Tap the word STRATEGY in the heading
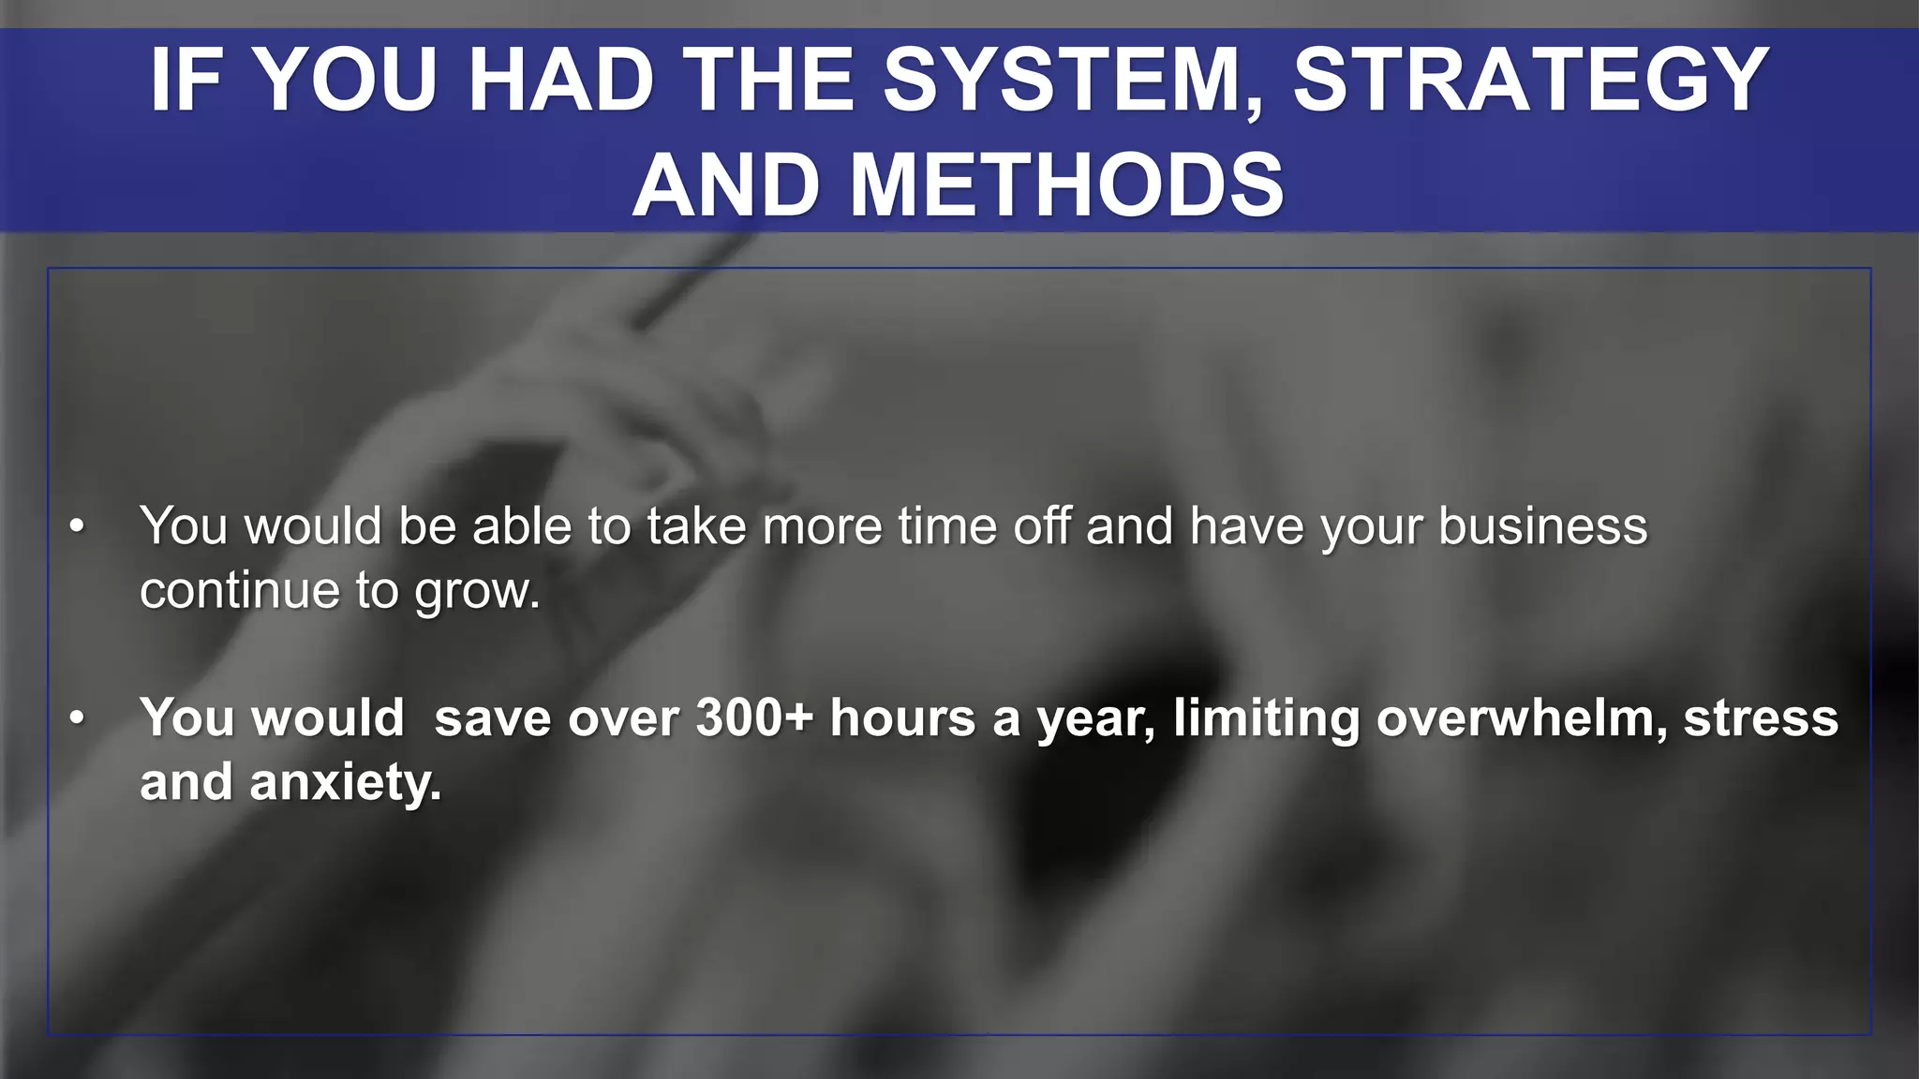tap(1531, 81)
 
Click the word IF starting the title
tap(186, 81)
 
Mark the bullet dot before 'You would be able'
tap(77, 526)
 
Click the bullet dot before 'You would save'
tap(77, 718)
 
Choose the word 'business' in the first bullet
tap(1542, 526)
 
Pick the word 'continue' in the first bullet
tap(239, 591)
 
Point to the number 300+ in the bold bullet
tap(755, 718)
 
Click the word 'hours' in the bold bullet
tap(903, 718)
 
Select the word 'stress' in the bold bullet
tap(1761, 718)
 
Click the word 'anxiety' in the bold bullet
tap(345, 783)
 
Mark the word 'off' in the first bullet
tap(1041, 526)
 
